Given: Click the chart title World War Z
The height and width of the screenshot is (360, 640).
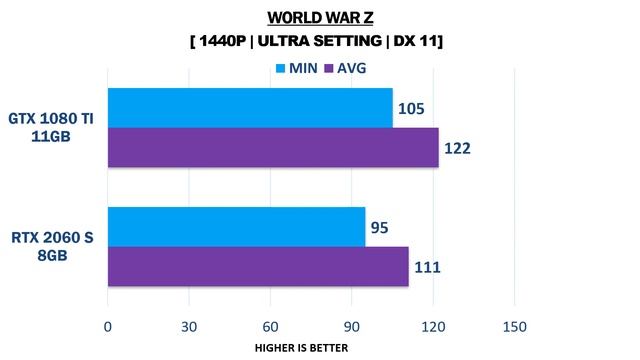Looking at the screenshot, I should coord(319,17).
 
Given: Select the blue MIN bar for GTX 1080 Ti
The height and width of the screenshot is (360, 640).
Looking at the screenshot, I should coord(249,108).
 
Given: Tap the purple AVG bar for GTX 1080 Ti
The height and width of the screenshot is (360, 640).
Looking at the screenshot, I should coord(272,147).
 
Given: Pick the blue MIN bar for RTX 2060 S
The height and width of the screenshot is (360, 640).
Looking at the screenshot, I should coord(236,227).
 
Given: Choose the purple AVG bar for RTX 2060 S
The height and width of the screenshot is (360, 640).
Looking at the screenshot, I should coord(257,266).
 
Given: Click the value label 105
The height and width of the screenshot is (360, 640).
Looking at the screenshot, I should coord(411,108).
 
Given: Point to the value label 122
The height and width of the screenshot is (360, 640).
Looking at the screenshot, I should coord(457,148).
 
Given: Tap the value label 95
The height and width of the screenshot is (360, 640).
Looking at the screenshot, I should coord(380,227).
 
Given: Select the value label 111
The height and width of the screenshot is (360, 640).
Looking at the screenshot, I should coord(427,267).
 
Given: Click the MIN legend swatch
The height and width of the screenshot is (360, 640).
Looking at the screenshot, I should coord(281,69).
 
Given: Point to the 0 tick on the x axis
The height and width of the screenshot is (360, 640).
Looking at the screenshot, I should coord(107,325).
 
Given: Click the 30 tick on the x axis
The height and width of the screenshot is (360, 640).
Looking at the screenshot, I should coord(188,325).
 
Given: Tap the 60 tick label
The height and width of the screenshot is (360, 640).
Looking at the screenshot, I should coord(270,325).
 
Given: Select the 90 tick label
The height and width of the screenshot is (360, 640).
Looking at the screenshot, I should coord(351,325).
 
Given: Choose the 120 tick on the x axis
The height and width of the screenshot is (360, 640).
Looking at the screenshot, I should coord(432,325).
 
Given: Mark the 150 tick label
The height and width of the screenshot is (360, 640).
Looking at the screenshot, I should coord(513,325).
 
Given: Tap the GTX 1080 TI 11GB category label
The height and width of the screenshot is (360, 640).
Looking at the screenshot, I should coord(52,128).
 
